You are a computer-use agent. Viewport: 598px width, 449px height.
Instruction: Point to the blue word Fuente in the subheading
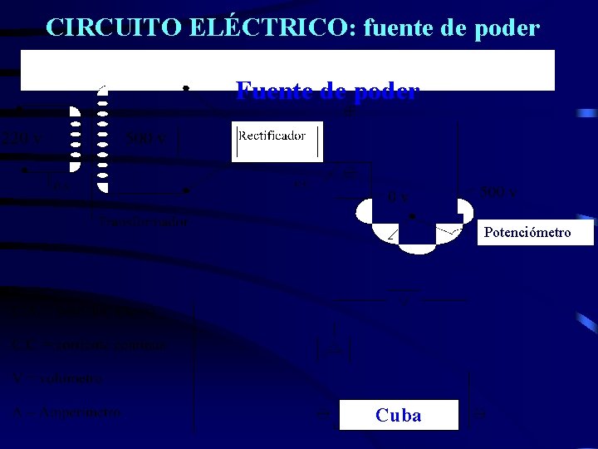point(273,91)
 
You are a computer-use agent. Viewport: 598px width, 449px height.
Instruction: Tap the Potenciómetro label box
point(527,232)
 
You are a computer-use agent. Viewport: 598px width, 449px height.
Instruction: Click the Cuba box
point(399,415)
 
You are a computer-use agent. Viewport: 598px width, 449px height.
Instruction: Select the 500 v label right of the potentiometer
point(498,193)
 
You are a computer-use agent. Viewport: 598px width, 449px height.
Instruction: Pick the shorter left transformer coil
point(75,139)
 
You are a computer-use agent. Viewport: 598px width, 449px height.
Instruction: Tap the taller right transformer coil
point(103,139)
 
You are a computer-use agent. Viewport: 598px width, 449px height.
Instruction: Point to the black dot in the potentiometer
point(413,215)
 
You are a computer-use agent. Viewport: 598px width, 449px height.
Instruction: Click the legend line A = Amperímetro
point(67,412)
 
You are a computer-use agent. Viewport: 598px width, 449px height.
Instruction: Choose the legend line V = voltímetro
point(58,378)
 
